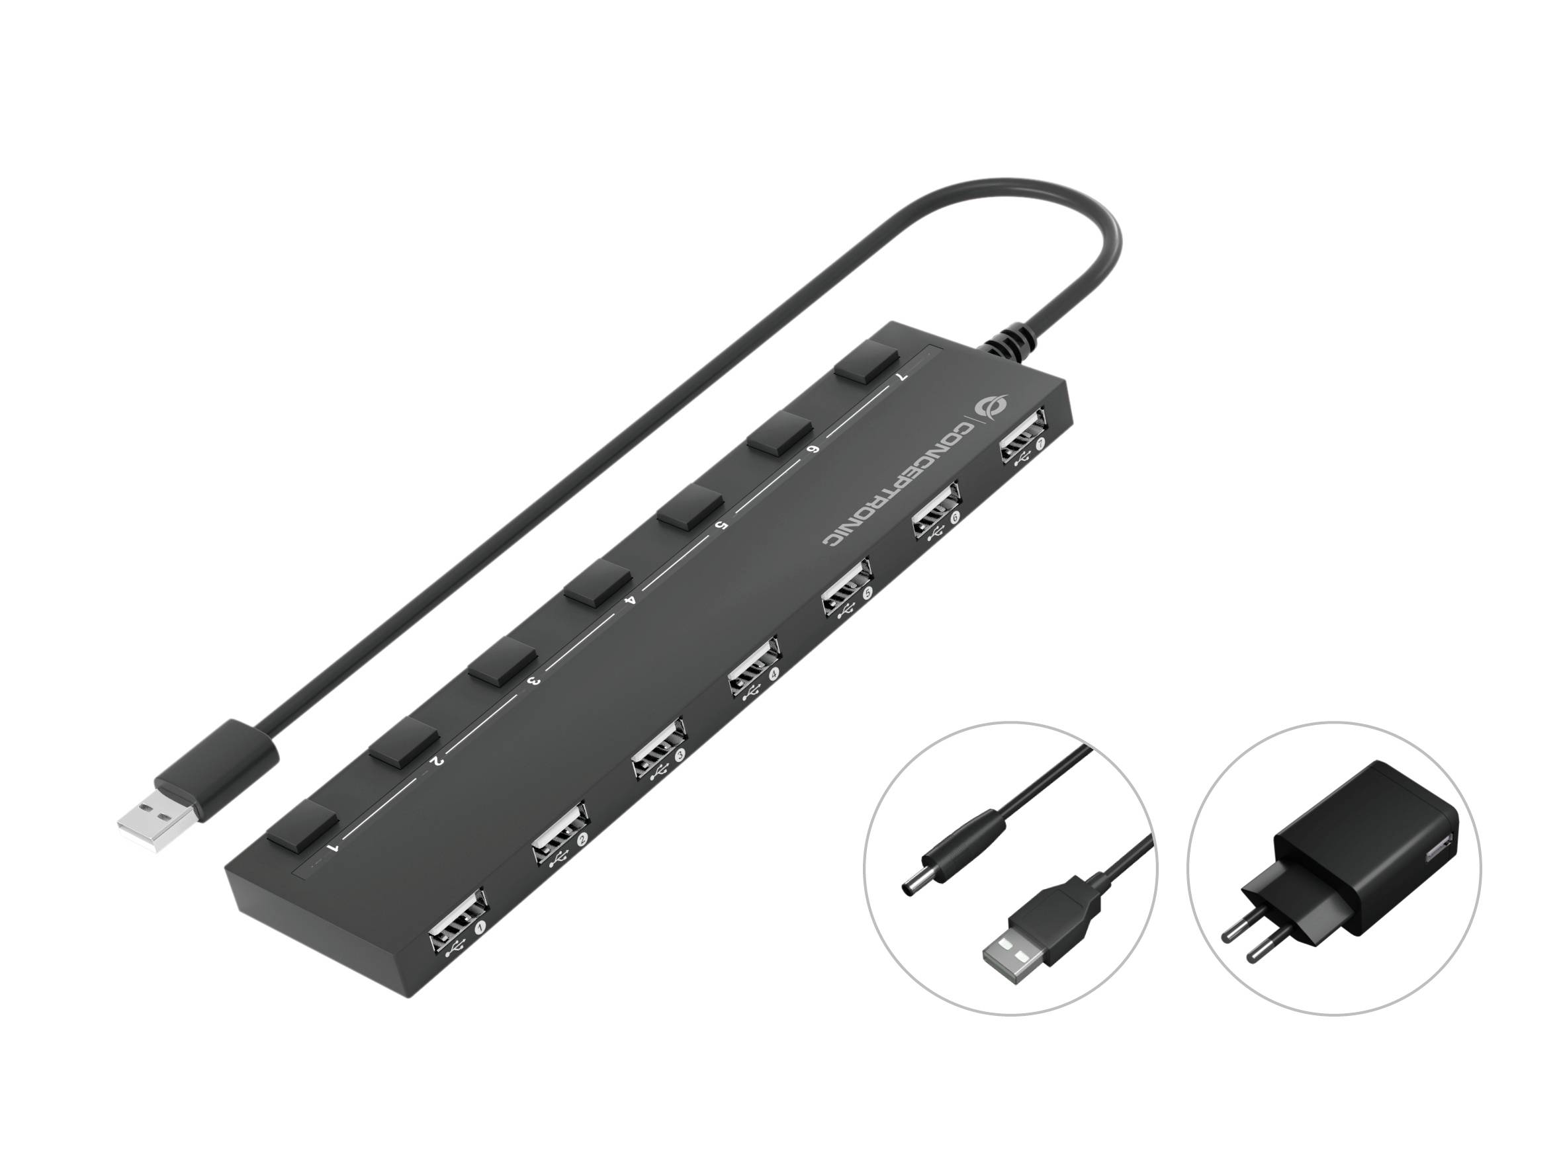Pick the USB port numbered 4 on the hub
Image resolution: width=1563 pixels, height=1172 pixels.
(754, 665)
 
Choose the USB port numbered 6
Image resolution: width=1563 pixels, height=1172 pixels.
(936, 509)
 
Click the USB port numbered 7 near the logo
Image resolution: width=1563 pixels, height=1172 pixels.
(1022, 434)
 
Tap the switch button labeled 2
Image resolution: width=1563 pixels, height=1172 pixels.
(404, 743)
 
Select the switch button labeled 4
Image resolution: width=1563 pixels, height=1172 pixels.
(598, 581)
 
